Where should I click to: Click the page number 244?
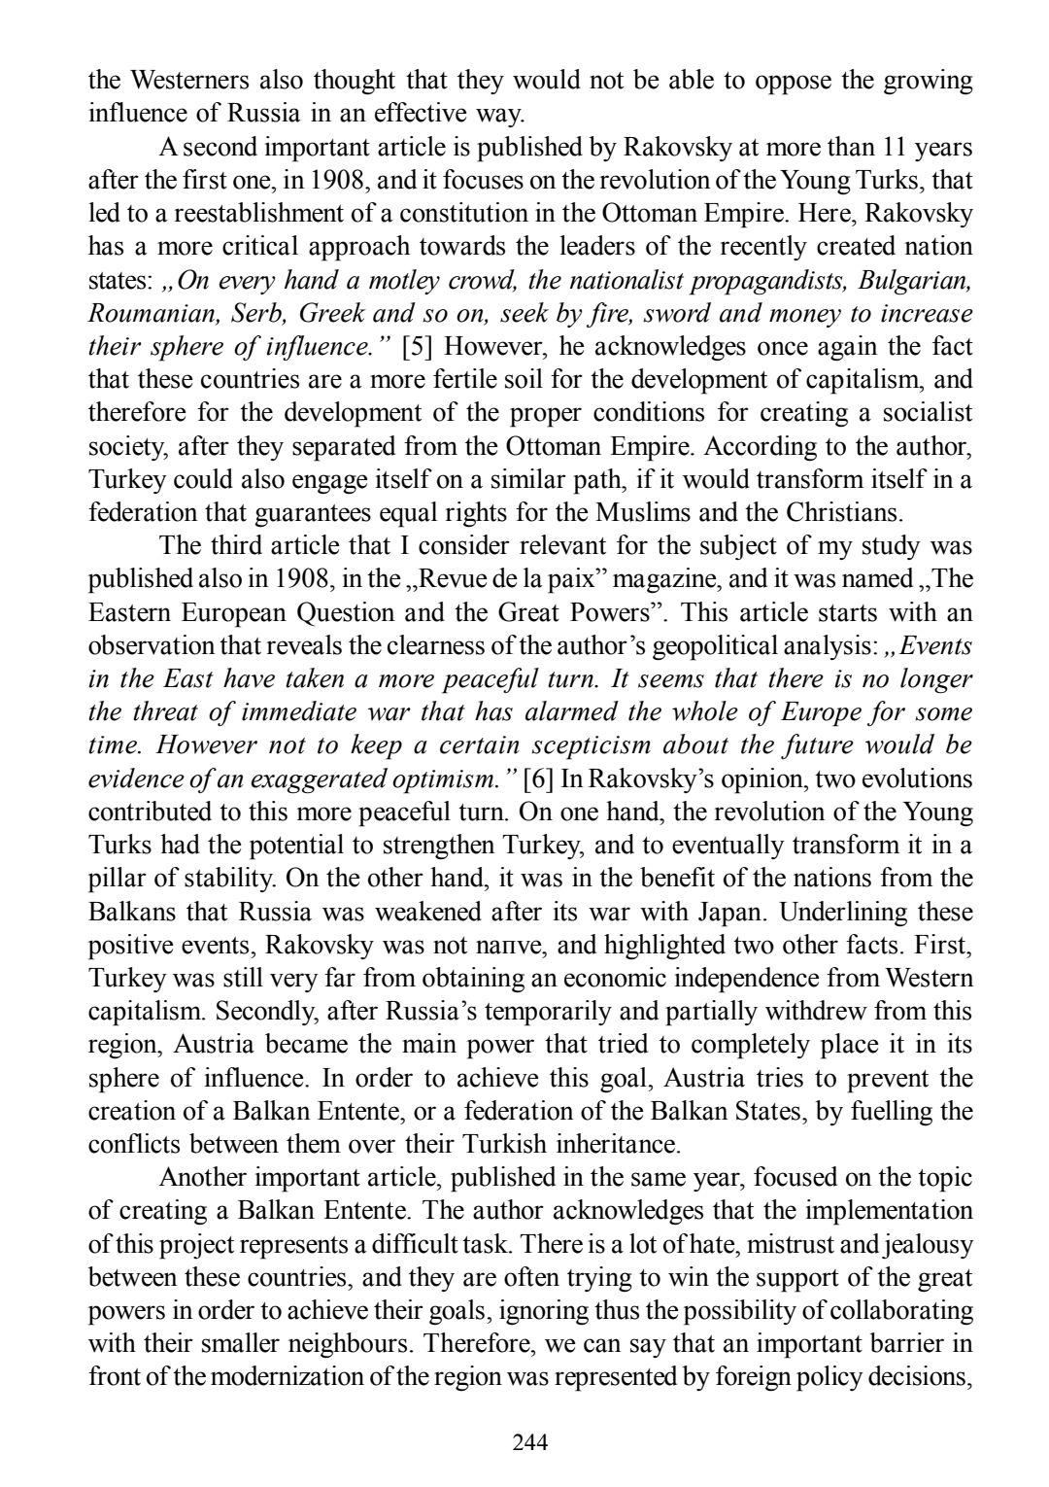coord(530,1441)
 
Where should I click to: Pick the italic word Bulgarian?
coord(915,280)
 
